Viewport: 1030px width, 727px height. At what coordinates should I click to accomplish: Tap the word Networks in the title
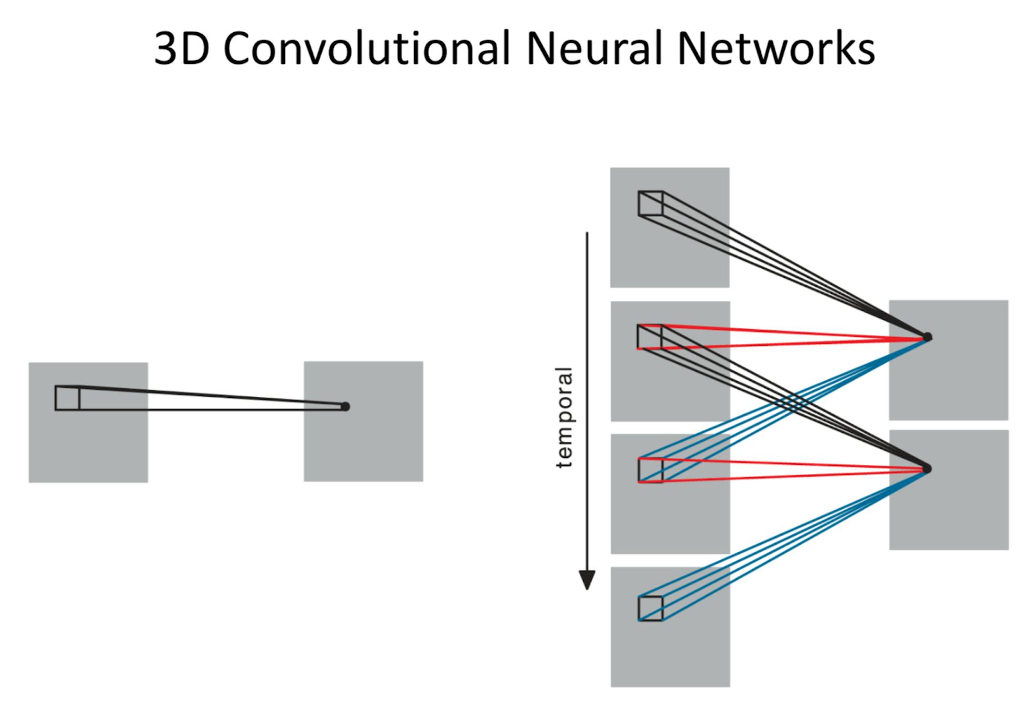point(776,48)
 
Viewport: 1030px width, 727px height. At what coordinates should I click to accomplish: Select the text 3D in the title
point(181,48)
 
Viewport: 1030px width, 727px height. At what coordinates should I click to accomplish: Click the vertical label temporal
point(564,418)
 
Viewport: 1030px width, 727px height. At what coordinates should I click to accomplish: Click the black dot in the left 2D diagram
point(345,406)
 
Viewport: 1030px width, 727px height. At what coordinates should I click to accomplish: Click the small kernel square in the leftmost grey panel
point(68,398)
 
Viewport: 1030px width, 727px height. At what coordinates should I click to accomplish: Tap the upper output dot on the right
point(927,337)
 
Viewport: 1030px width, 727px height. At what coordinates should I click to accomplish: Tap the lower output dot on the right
point(927,469)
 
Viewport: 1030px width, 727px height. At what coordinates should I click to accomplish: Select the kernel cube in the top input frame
point(651,204)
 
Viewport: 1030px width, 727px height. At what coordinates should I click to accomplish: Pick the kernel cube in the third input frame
point(651,470)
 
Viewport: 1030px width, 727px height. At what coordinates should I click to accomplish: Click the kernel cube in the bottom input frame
point(651,608)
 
